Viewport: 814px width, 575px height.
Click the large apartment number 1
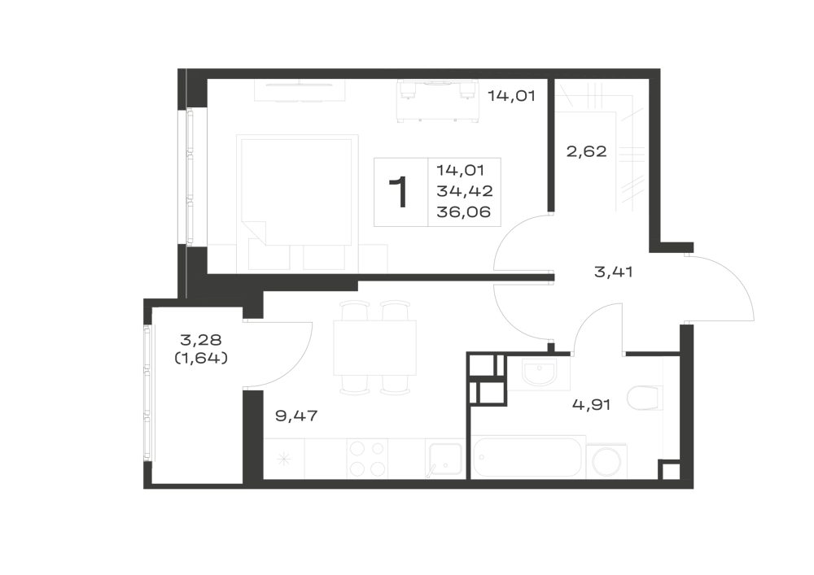(399, 193)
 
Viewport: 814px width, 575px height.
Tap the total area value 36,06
(464, 212)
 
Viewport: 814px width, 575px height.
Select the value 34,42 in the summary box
(465, 191)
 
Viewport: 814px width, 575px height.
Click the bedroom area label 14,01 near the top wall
(511, 96)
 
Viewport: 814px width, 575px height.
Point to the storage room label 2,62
(586, 151)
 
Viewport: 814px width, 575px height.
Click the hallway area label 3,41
(613, 272)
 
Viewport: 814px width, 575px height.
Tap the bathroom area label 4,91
(591, 404)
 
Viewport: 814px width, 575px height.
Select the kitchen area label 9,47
(296, 416)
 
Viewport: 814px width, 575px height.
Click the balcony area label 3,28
(201, 340)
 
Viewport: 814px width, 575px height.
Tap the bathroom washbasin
(539, 373)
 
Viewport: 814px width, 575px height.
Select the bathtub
(527, 457)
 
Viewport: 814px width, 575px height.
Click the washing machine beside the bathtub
(606, 461)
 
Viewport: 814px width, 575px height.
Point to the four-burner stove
(368, 459)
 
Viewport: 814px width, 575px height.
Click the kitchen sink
(445, 459)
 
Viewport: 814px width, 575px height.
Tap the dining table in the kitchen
(374, 347)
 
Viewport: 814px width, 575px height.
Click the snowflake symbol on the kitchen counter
(283, 459)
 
